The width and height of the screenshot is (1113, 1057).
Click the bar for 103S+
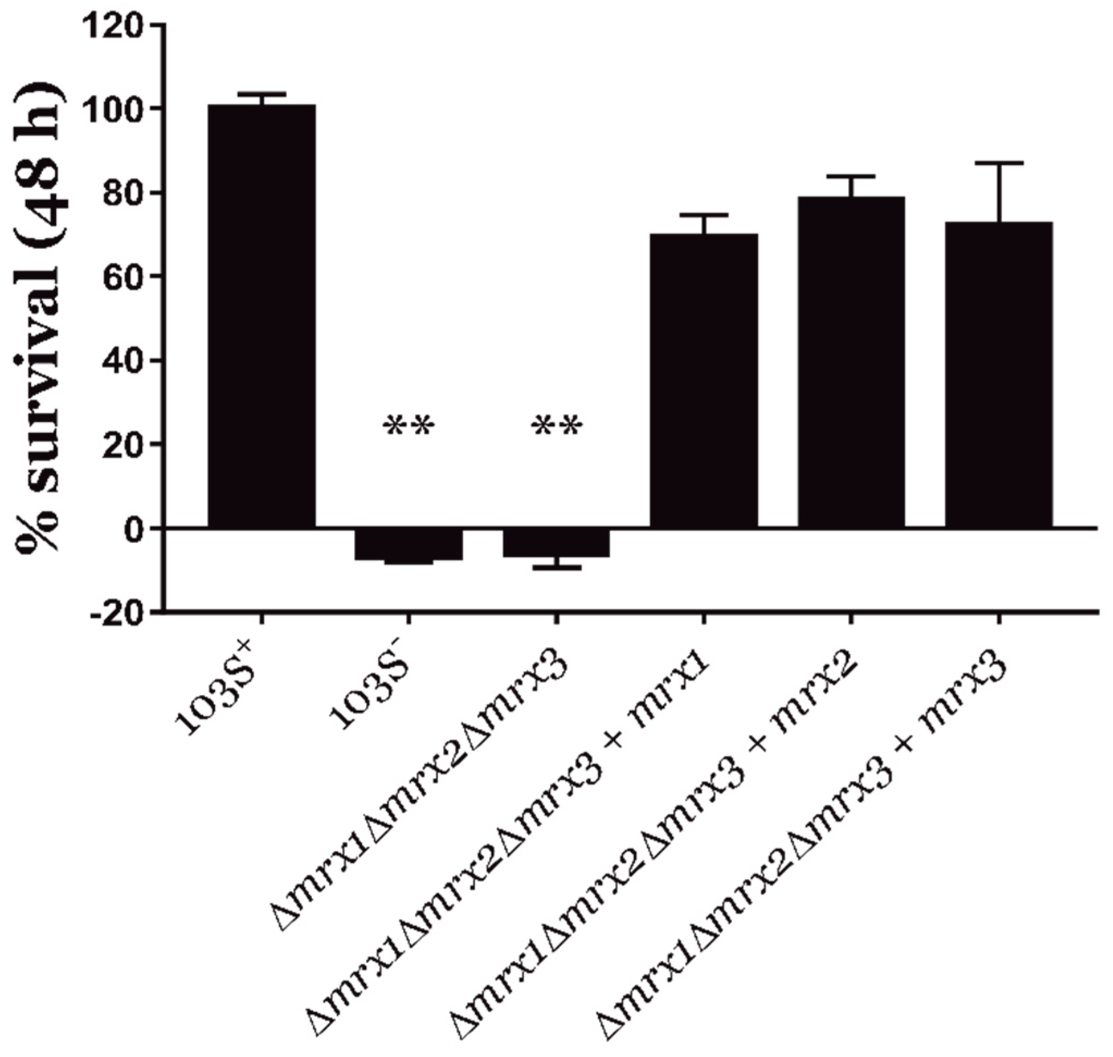point(261,316)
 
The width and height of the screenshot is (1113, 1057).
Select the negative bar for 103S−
point(409,544)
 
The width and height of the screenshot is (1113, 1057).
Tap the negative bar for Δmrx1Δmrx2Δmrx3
point(556,543)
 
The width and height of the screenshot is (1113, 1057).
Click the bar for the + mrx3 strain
point(999,374)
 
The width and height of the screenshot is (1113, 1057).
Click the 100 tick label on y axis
point(112,109)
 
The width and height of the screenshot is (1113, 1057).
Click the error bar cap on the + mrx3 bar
point(999,163)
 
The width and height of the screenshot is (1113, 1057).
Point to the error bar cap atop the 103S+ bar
point(261,94)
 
